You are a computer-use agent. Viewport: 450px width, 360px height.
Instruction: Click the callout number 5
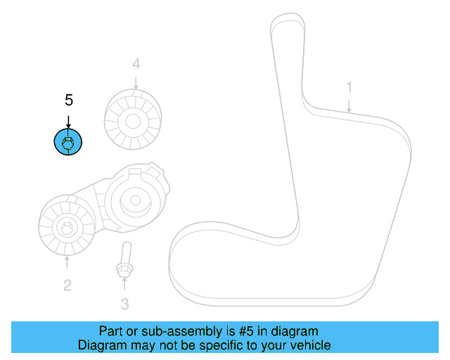(68, 101)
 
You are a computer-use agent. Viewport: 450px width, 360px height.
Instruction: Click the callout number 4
(136, 65)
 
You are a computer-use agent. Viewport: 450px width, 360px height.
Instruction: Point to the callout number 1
(349, 87)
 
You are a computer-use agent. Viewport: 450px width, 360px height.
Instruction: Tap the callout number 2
(67, 285)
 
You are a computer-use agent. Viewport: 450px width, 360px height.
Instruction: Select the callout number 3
(124, 304)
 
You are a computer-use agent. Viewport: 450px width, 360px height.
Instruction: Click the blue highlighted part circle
(68, 143)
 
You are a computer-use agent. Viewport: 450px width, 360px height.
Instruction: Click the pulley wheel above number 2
(66, 229)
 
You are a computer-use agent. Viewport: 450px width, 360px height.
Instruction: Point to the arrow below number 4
(136, 82)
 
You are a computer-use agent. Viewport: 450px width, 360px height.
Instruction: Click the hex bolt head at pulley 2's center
(66, 229)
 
